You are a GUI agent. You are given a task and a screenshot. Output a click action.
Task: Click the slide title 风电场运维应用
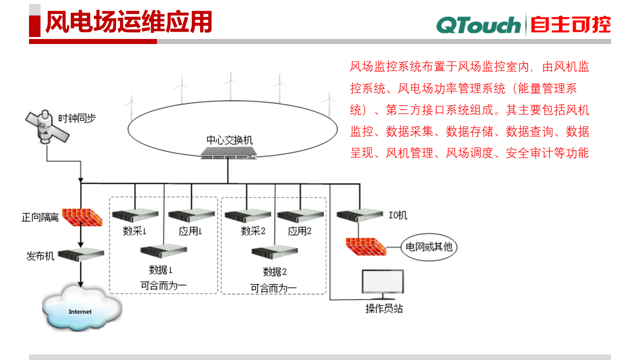pyautogui.click(x=128, y=22)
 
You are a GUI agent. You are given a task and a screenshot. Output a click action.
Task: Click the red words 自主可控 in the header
pyautogui.click(x=570, y=24)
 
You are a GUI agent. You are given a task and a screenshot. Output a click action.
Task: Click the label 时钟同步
pyautogui.click(x=77, y=118)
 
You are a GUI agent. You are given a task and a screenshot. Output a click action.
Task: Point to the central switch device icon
pyautogui.click(x=228, y=154)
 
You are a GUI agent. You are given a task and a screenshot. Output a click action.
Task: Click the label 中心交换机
pyautogui.click(x=229, y=140)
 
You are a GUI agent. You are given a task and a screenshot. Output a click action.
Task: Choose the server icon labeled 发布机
pyautogui.click(x=80, y=254)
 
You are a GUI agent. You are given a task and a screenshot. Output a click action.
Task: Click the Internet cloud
pyautogui.click(x=80, y=310)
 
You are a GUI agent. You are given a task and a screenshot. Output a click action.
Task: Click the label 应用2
pyautogui.click(x=299, y=231)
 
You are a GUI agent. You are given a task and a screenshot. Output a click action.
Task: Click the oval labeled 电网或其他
pyautogui.click(x=429, y=246)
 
